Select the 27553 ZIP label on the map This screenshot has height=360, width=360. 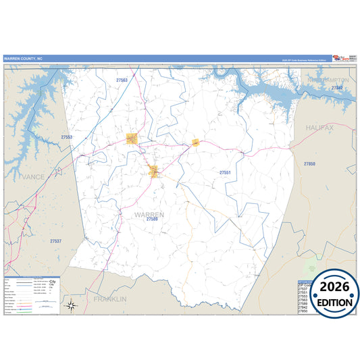tap(66, 137)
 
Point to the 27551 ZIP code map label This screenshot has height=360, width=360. tap(226, 173)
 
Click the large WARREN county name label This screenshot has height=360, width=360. tap(149, 215)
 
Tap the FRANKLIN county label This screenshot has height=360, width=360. tap(110, 298)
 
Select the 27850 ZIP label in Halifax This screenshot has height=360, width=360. tap(309, 164)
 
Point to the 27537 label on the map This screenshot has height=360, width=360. tap(55, 240)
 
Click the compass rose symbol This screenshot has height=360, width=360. tap(72, 306)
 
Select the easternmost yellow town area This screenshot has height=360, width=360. tap(195, 143)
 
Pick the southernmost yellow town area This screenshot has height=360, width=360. tap(155, 171)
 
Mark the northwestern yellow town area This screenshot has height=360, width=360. tap(132, 138)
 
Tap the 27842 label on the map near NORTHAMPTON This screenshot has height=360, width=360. tap(338, 88)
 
